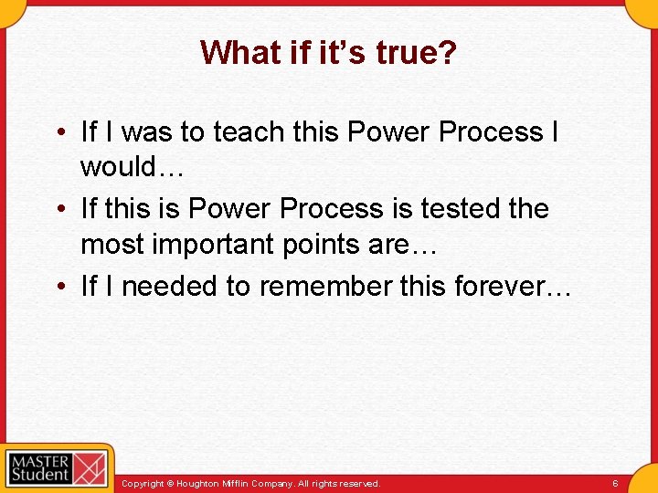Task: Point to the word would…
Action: click(133, 168)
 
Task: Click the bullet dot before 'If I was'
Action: click(58, 133)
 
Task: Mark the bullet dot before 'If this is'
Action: click(58, 210)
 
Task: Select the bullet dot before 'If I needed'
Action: click(58, 288)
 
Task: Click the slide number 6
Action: click(615, 483)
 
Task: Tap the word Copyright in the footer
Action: click(143, 483)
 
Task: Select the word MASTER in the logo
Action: click(39, 458)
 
